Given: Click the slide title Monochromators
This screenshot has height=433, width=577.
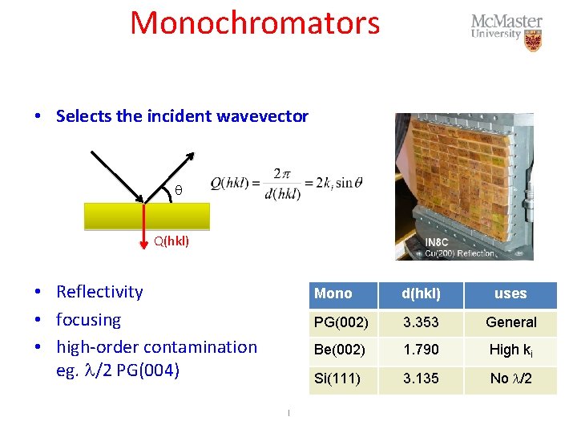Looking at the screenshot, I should pos(255,23).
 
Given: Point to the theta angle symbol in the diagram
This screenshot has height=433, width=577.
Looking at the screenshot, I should pos(179,190).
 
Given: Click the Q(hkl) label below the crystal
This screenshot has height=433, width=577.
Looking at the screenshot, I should pos(171,240).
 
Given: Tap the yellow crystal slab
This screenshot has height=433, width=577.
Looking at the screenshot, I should pos(147,216).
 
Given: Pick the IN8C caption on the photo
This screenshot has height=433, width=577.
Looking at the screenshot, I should pos(438,242).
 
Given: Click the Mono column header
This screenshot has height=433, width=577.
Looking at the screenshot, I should pos(333,293).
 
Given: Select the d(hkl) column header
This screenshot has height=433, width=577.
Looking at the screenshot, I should pos(421,293).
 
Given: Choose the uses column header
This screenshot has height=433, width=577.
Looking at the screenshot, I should pos(510,293).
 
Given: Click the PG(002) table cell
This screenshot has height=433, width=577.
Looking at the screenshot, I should pos(341,322).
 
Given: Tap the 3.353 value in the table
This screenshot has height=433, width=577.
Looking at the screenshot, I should pos(421,322).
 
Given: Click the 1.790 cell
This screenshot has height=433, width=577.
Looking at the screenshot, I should pos(421,350).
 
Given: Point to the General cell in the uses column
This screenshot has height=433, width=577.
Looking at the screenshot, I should pos(510,322).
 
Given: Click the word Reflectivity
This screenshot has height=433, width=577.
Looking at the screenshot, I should pos(99,292).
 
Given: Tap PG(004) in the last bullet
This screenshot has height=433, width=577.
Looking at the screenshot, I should pos(151,371).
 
